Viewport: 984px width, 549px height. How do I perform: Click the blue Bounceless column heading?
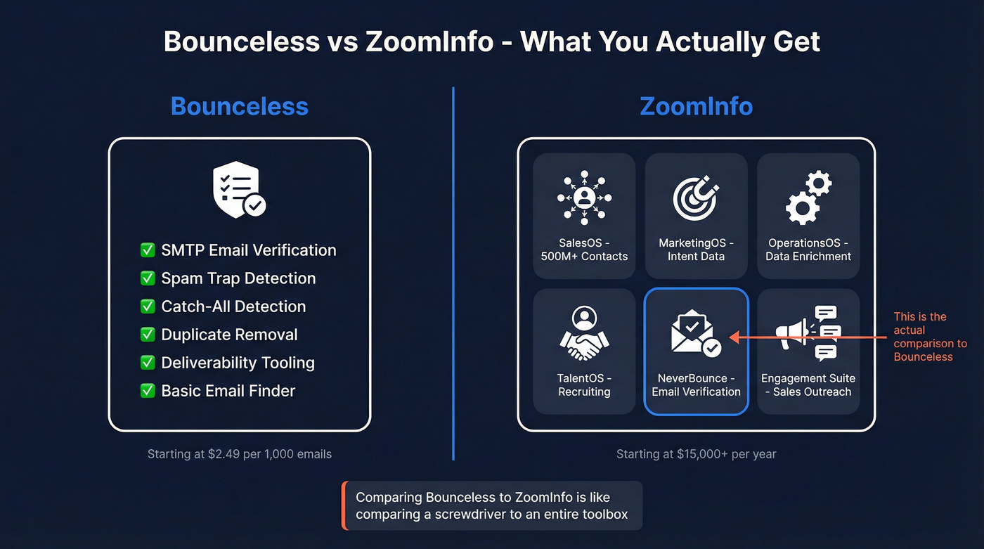[239, 106]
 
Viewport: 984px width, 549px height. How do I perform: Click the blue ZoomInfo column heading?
[696, 106]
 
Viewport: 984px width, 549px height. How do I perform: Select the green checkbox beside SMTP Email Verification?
[148, 250]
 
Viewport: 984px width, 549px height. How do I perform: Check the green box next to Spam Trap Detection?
[148, 278]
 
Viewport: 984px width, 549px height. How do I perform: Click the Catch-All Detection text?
[233, 306]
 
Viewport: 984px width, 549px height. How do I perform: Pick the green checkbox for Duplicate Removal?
[148, 335]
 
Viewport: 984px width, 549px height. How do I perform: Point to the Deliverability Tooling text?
[238, 363]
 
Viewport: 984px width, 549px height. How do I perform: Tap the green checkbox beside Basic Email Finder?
[148, 391]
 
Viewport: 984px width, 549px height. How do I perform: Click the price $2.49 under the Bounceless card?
[224, 454]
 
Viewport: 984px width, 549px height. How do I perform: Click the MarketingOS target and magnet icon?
[696, 198]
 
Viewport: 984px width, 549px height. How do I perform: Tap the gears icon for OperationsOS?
[808, 198]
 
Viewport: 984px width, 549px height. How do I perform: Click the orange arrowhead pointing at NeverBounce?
[734, 338]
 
